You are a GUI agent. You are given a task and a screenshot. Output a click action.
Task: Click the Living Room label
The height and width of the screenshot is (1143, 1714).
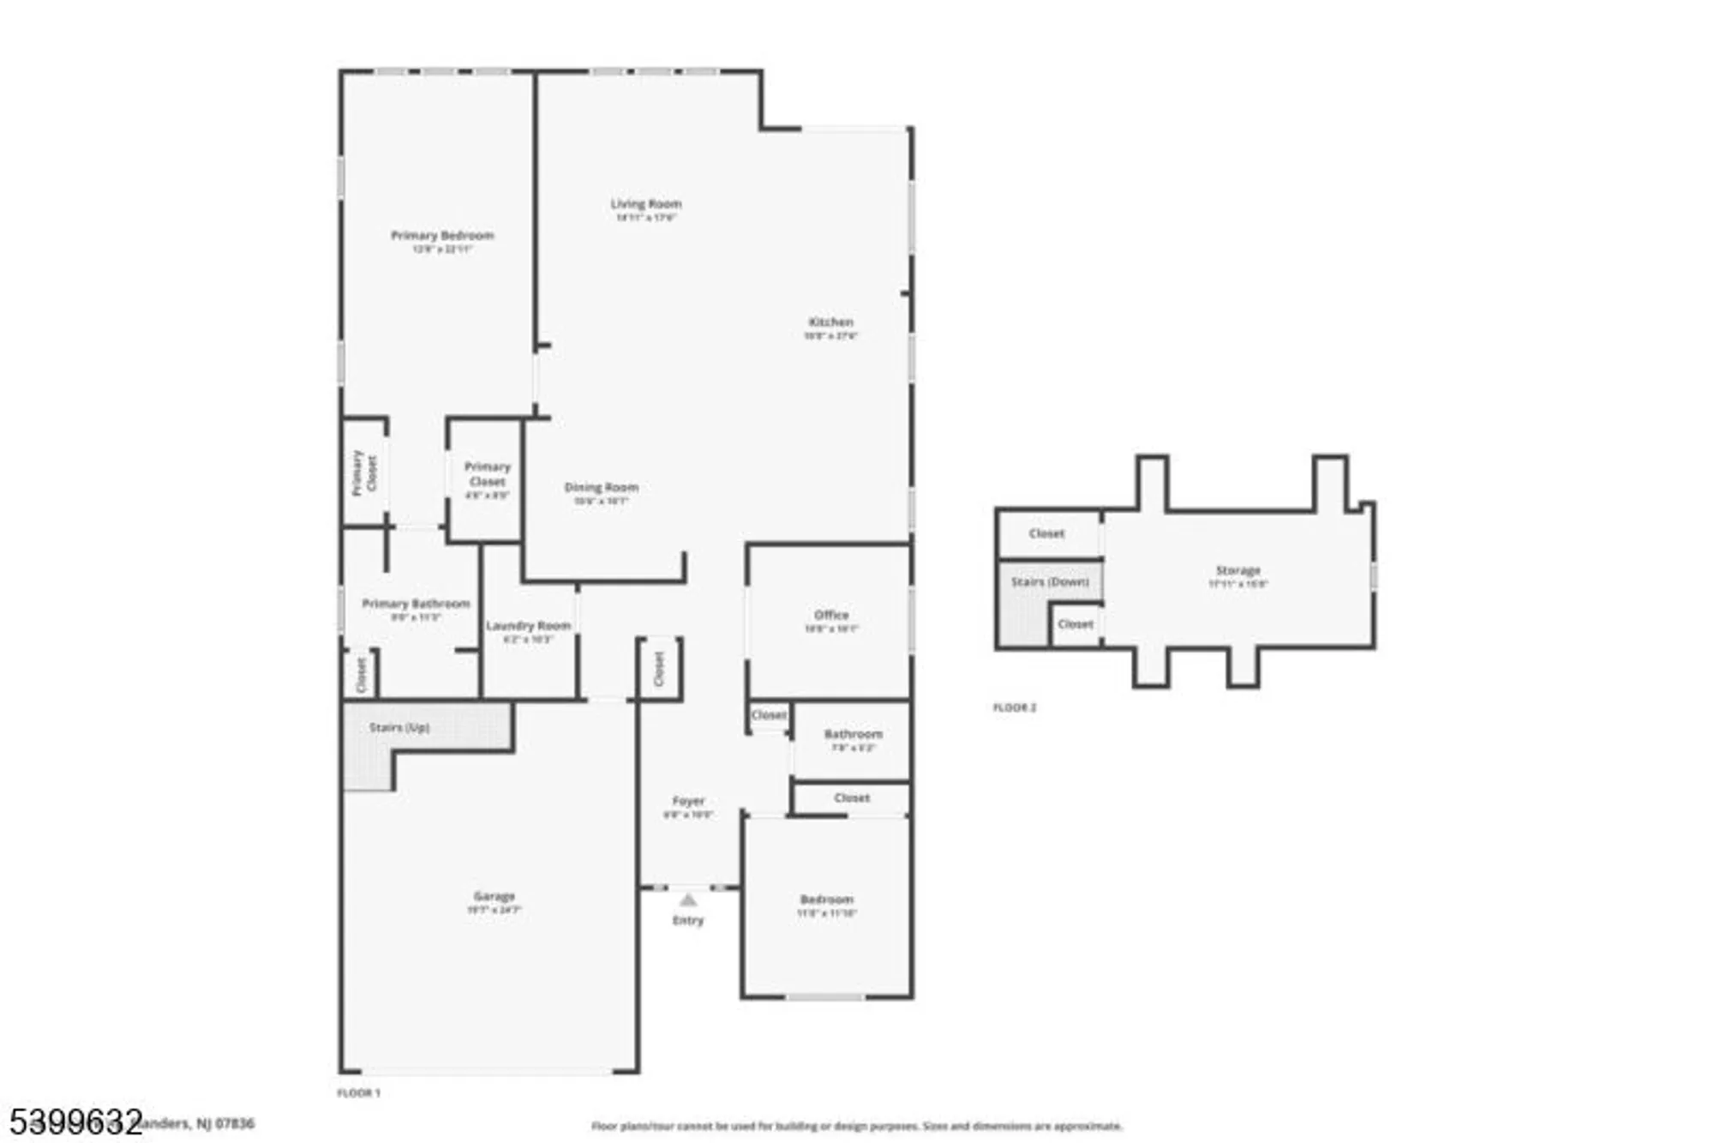tap(645, 204)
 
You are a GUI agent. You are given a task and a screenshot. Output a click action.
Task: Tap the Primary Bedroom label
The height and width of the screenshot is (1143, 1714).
tap(442, 236)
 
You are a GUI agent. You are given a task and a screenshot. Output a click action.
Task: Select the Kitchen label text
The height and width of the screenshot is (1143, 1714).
tap(830, 322)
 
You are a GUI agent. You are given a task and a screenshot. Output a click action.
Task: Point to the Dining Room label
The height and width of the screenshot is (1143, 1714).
tap(601, 487)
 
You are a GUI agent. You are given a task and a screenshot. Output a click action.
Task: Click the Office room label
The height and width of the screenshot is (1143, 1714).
tap(830, 615)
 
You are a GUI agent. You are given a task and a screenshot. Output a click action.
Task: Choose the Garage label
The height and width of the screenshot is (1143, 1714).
tap(494, 896)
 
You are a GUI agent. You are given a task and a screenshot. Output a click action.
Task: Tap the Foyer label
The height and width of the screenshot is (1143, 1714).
tap(688, 801)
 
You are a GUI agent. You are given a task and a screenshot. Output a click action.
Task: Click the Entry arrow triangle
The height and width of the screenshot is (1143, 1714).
tap(688, 899)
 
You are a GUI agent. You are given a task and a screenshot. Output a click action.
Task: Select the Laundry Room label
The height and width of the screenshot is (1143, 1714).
tap(528, 626)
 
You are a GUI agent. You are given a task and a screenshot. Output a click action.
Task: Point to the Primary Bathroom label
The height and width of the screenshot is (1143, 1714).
tap(416, 604)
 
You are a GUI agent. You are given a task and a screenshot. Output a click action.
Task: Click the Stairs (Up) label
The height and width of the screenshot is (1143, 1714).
tap(399, 727)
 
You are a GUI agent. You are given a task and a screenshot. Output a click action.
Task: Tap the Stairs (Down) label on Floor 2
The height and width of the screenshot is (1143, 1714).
tap(1050, 581)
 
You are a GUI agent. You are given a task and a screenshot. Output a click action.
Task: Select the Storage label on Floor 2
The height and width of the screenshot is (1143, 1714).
tap(1238, 570)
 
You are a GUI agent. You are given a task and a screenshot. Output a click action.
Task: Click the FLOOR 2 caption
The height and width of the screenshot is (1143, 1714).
tap(1014, 707)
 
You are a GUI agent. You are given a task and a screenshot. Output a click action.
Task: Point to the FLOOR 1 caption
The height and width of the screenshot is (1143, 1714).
tap(358, 1093)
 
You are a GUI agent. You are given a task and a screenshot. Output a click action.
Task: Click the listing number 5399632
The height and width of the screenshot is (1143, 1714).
tap(75, 1122)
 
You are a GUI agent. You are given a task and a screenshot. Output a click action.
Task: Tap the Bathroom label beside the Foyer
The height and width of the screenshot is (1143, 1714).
tap(853, 734)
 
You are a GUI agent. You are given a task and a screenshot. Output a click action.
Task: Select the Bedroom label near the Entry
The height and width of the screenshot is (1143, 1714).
tap(826, 899)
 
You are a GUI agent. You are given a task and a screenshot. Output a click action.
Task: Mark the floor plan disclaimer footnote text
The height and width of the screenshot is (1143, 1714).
tap(856, 1126)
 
